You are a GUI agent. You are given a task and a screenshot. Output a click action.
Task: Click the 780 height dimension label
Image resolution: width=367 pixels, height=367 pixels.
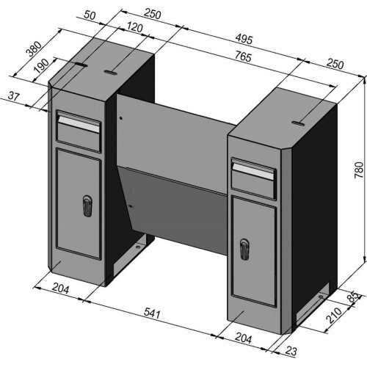pos(359,170)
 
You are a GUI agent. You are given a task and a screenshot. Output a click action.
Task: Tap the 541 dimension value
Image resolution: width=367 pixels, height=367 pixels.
pos(152,313)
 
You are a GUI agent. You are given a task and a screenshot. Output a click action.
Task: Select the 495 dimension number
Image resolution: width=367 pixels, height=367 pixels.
pos(244,39)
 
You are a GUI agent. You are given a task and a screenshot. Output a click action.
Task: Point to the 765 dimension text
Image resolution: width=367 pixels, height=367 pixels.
pos(243,57)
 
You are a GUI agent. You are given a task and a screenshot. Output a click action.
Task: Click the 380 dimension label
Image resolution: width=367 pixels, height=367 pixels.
pos(34,49)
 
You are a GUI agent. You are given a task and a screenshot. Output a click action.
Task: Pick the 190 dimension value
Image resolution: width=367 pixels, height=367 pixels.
pos(42,66)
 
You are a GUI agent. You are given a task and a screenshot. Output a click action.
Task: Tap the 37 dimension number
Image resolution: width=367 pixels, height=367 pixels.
pos(13,96)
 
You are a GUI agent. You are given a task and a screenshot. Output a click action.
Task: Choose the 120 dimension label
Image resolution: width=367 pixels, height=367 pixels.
pos(134,27)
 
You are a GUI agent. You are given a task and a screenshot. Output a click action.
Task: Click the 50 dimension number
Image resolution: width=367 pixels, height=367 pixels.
pos(90,15)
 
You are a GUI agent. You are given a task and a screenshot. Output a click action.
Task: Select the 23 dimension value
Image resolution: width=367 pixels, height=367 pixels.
pos(291,351)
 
